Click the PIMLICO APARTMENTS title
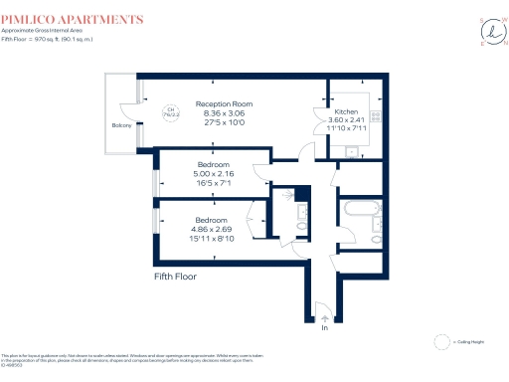pos(72,19)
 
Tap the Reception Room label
pos(224,103)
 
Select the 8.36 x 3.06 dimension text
pos(224,112)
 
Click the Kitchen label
pos(346,111)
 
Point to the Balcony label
pos(121,125)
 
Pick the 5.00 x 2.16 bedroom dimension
pos(213,173)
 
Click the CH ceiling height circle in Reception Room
pos(170,111)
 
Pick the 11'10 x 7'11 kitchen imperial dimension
pos(346,128)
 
